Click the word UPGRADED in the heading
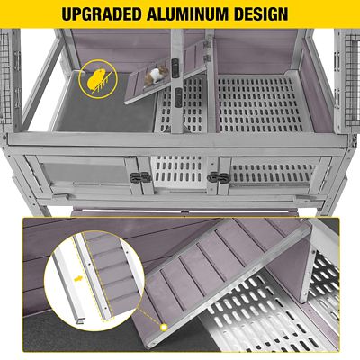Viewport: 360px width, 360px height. coord(101,13)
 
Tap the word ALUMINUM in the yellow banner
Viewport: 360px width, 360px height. coord(187,13)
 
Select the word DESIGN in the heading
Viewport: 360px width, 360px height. coord(261,13)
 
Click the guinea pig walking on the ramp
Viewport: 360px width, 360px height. coord(157,76)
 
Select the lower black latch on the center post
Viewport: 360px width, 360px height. coord(178,97)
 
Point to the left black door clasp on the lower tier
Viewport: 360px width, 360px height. coord(140,177)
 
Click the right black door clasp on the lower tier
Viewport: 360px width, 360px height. coord(218,177)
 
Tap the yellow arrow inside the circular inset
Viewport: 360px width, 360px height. coord(78,279)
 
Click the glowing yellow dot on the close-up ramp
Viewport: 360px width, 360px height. coord(164,327)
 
